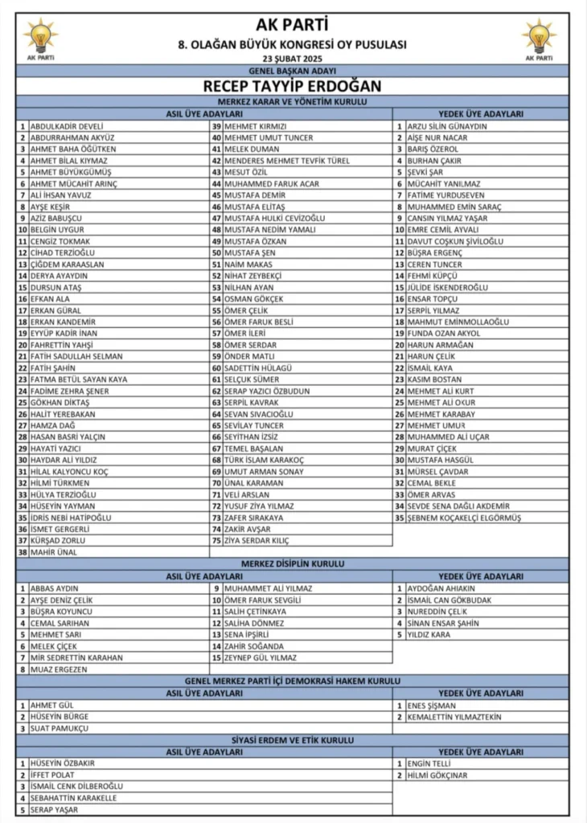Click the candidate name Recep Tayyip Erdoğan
click(293, 86)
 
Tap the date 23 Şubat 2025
click(293, 59)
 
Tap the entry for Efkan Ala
click(50, 298)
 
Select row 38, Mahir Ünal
click(55, 552)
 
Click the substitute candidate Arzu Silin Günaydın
click(447, 126)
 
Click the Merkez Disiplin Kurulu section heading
click(293, 564)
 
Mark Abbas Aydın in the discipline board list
click(54, 588)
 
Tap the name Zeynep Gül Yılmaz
click(260, 657)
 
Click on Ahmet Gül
click(51, 705)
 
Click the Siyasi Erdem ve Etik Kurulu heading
click(293, 739)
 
